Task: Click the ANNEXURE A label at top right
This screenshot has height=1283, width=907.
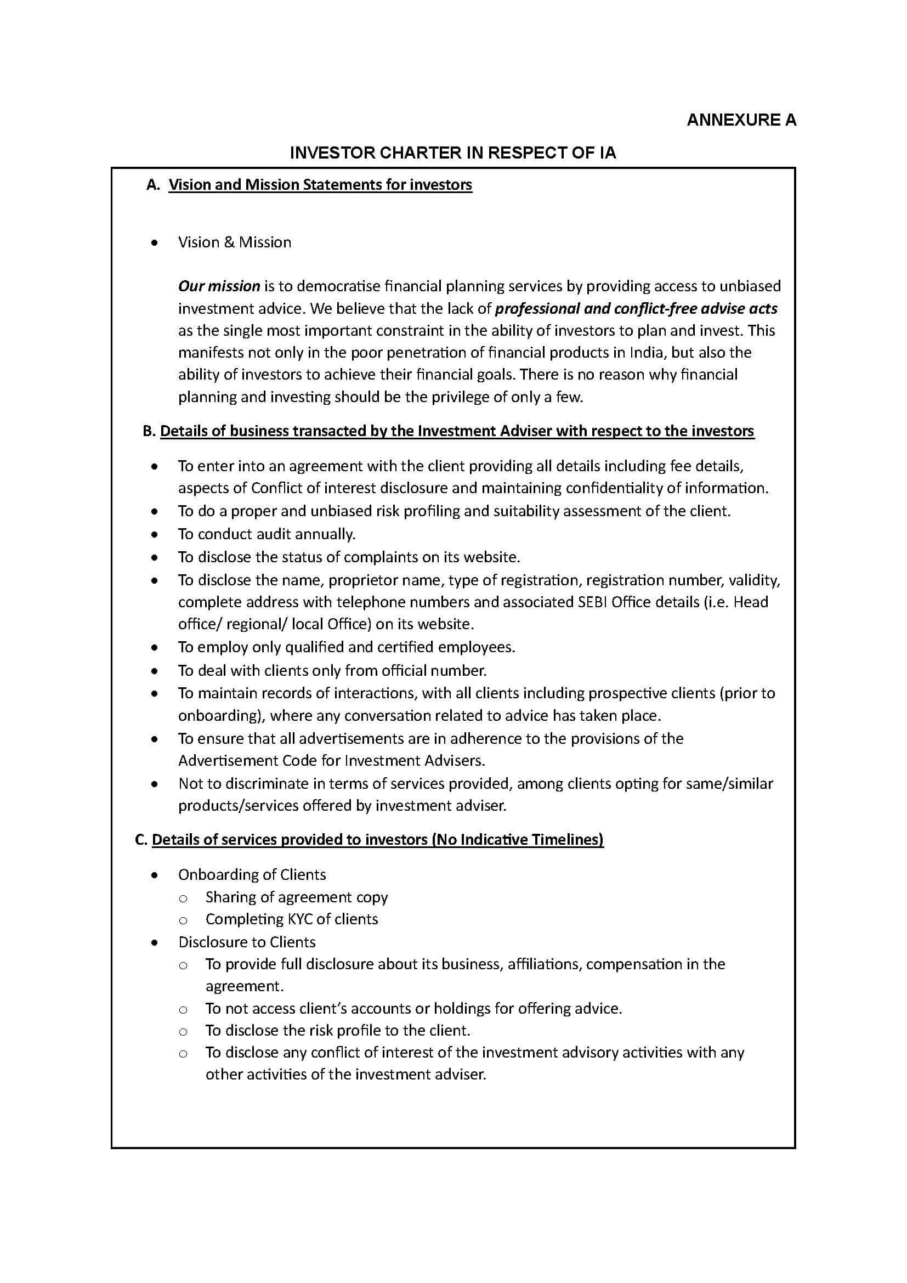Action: (741, 120)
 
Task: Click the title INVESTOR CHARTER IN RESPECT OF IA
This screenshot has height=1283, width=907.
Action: (453, 153)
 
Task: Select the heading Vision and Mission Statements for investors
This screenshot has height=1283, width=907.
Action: (320, 185)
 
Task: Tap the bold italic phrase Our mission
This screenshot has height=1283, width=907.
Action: (219, 286)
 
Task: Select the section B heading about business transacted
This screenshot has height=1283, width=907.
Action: (457, 431)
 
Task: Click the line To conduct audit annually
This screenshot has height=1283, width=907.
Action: (267, 534)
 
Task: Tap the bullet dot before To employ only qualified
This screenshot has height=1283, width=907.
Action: (155, 648)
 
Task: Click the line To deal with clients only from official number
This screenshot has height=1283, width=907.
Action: (332, 670)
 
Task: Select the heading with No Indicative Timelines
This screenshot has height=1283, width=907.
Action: (377, 839)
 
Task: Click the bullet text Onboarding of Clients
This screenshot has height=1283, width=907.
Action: (252, 874)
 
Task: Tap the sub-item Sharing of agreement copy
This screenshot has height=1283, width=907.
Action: (297, 897)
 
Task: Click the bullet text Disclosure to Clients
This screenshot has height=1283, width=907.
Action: (247, 942)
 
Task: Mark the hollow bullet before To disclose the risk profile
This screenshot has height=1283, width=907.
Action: (183, 1031)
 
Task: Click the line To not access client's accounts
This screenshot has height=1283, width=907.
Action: (413, 1009)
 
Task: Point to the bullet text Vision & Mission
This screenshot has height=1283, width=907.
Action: (235, 242)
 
